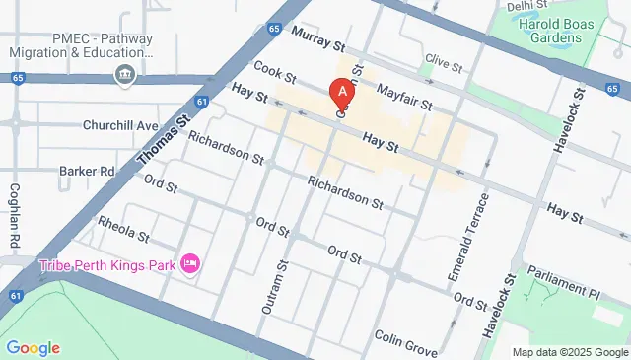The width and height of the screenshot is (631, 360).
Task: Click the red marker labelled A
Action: click(342, 94)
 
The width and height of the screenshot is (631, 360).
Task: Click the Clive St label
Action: click(443, 65)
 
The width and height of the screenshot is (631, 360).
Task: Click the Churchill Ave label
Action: click(121, 126)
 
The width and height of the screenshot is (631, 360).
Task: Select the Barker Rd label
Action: click(87, 170)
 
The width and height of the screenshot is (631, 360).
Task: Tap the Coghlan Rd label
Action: click(15, 215)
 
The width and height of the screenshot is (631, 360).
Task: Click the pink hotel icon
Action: click(191, 263)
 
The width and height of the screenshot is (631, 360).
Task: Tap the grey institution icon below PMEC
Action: click(124, 74)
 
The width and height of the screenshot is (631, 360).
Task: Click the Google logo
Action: click(33, 347)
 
